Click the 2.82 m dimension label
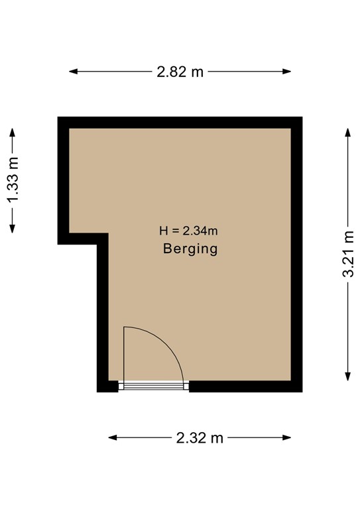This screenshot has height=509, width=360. [180, 72]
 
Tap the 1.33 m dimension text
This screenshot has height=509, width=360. [13, 180]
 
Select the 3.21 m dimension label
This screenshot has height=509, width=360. [348, 254]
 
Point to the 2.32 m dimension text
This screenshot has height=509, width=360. [200, 437]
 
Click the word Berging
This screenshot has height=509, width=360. [190, 250]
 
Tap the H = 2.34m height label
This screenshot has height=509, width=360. [189, 231]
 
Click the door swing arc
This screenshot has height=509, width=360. [170, 345]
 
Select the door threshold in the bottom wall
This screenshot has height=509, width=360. [154, 385]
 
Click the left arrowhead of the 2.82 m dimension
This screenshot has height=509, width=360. [72, 72]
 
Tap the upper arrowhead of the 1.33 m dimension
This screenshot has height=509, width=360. [13, 131]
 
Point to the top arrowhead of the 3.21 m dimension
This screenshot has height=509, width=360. [348, 131]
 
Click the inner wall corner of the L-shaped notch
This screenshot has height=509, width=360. [108, 234]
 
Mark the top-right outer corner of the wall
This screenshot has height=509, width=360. [302, 117]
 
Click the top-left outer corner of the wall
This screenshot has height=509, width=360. [58, 117]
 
